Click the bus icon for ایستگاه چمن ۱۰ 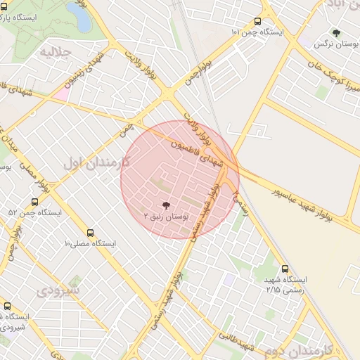(258, 21)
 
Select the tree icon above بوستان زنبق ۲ (165, 205)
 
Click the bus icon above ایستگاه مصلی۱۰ (90, 233)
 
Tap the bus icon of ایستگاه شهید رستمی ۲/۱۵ (285, 269)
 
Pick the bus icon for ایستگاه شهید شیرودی (7, 306)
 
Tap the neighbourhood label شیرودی (59, 290)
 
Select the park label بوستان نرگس (332, 44)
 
